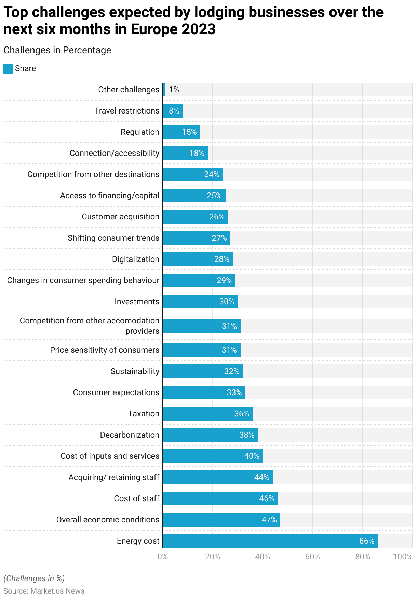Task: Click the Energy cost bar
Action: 270,541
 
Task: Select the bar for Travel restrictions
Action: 173,111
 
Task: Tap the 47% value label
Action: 269,520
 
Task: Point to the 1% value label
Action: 174,90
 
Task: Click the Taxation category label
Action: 144,414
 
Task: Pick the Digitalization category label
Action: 136,259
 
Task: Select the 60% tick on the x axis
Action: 312,557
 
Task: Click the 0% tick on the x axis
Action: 163,557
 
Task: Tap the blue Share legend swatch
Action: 8,69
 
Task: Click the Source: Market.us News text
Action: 44,591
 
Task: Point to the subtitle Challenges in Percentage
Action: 57,50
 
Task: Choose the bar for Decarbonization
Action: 210,435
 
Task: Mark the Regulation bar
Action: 181,132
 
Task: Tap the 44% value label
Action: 262,477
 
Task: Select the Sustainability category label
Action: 135,371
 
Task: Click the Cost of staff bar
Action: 220,498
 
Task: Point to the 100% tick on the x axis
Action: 403,557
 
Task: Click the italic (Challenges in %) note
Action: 34,578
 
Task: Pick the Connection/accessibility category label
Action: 115,153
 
